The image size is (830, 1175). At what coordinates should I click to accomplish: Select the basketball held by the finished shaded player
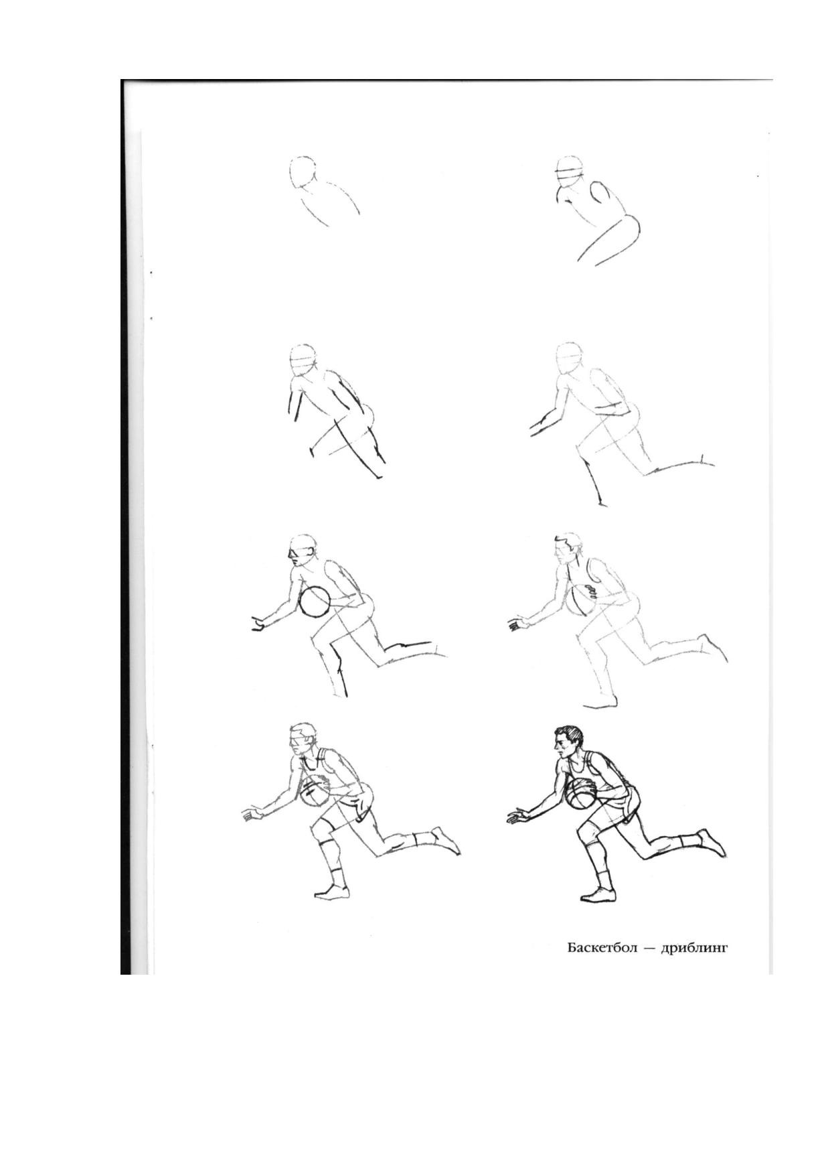tap(580, 795)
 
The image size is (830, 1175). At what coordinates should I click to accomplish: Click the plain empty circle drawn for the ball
tap(314, 601)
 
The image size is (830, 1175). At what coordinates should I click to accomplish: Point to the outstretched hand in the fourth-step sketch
tap(539, 427)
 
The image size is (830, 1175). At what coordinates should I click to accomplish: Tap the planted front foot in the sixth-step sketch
tap(600, 701)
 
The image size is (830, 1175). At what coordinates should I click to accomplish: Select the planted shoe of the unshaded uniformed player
tap(332, 891)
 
